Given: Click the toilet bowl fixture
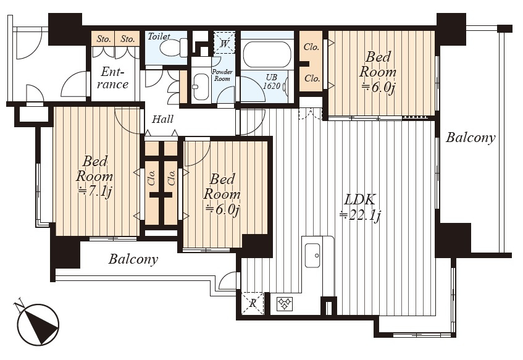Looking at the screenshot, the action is pos(174,48).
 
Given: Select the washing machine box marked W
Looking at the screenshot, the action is pos(225,43).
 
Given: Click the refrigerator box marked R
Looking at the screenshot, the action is pos(253,303).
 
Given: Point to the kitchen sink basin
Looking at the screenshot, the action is pos(313,256).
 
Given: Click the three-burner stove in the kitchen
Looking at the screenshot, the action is pos(284,304).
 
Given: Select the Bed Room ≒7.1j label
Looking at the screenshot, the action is pos(94,177).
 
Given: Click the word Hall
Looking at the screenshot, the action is pos(162,119).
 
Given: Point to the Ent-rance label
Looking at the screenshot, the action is pos(113,78).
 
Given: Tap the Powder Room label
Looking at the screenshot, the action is pos(222,75).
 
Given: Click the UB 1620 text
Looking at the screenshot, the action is pos(272,82).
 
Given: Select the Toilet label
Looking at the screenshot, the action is pos(159,36).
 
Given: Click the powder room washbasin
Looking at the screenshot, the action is pos(201,86).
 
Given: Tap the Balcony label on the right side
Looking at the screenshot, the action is pos(471,137).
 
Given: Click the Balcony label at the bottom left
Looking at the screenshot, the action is pos(133,259).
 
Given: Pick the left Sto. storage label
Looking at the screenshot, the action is pos(104,39).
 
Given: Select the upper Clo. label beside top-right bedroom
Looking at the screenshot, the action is pos(311,47).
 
